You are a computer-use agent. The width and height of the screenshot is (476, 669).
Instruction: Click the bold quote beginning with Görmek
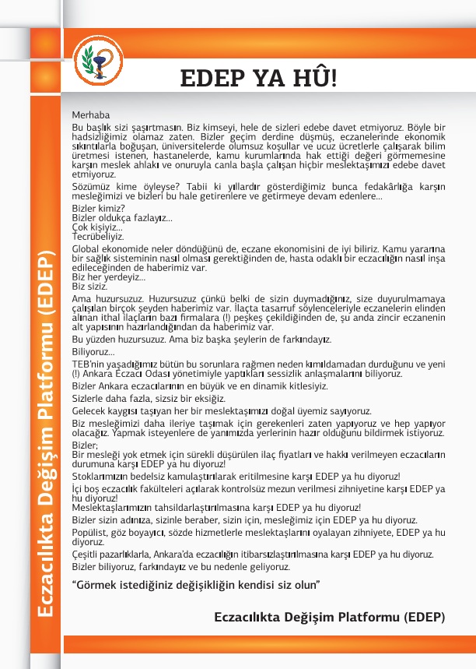(196, 583)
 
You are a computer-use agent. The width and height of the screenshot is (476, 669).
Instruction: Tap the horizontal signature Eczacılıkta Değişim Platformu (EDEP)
(329, 618)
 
